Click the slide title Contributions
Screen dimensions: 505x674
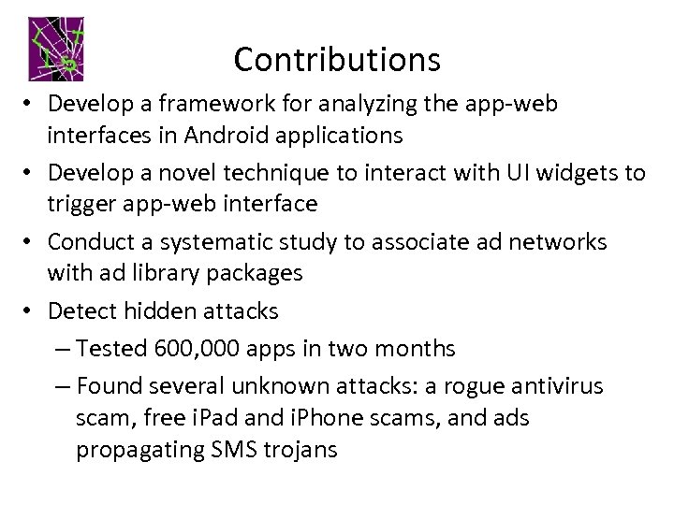pos(337,60)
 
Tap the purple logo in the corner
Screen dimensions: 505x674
pos(58,48)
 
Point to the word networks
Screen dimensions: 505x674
pos(560,241)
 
